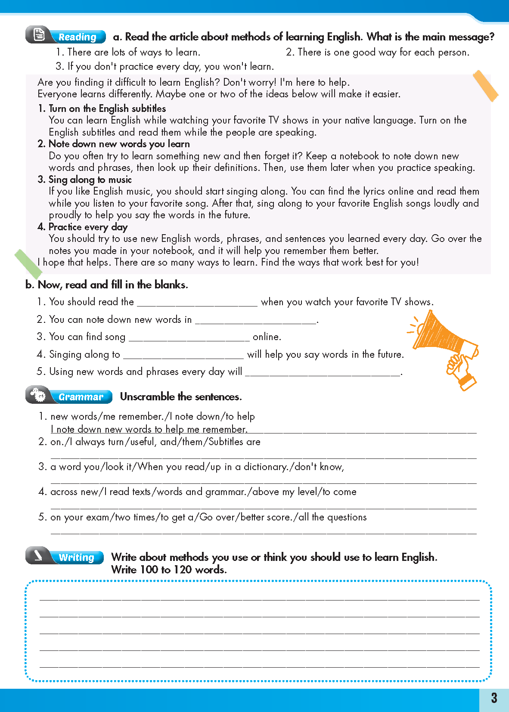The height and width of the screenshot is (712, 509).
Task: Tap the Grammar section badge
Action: coord(69,396)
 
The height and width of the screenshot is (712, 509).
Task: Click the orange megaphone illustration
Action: coord(444,347)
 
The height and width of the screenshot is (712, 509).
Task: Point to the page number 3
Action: coord(494,698)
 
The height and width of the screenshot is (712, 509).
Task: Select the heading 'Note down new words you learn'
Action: coord(119,144)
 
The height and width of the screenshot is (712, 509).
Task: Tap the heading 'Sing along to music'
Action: coord(90,180)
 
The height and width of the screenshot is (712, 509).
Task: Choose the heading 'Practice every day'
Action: coord(88,227)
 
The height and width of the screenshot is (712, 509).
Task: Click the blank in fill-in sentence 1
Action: coord(197,303)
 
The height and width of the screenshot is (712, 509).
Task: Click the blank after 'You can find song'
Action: coord(189,337)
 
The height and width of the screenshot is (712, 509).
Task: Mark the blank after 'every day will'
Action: coord(323,372)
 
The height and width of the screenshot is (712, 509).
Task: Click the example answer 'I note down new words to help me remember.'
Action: coord(149,429)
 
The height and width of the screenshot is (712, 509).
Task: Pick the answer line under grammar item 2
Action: coord(264,455)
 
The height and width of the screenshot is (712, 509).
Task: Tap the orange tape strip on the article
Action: coord(485,86)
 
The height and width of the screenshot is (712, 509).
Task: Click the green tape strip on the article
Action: coord(28,263)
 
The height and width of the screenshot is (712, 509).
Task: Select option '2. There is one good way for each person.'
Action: coord(378,53)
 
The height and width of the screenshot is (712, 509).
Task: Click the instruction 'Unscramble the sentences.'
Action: coord(181,396)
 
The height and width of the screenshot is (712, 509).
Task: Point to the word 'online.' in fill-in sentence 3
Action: coord(267,337)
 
